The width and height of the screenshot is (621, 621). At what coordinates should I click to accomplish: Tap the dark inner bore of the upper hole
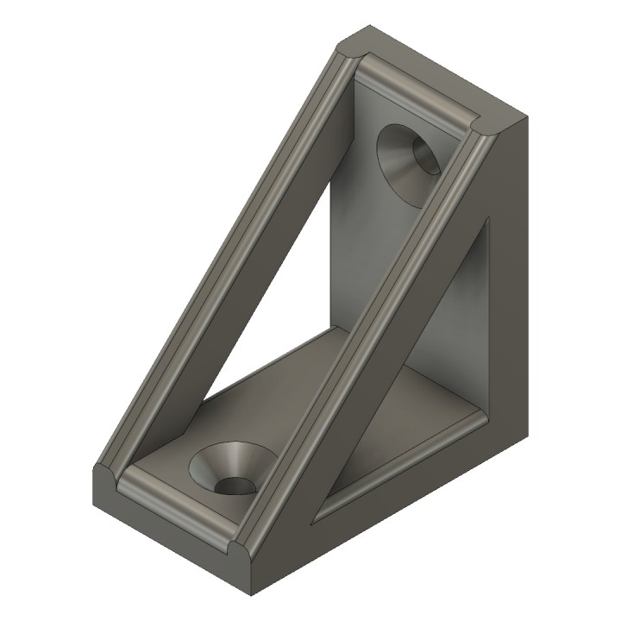tap(425, 156)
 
